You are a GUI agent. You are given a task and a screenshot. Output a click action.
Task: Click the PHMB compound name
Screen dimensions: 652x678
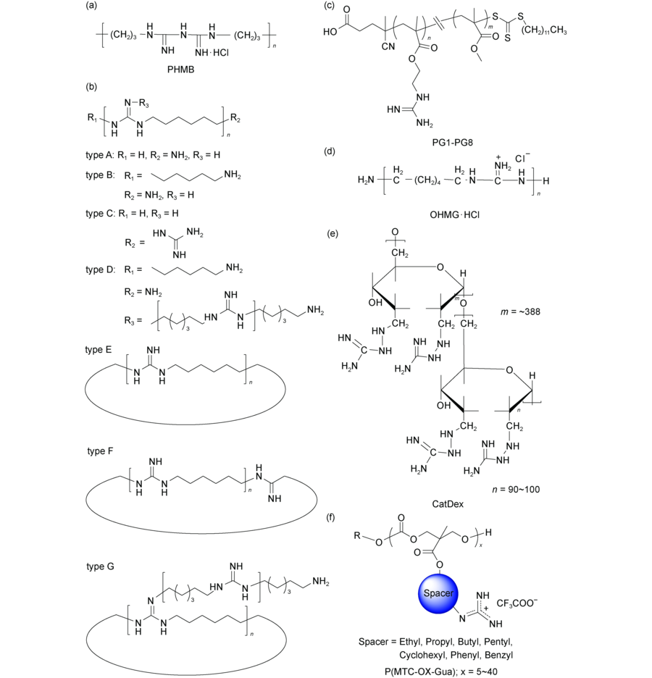coord(180,70)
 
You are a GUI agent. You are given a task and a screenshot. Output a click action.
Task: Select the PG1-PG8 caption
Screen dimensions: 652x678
coord(452,142)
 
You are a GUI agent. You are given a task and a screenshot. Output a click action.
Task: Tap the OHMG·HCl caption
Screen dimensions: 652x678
coord(454,214)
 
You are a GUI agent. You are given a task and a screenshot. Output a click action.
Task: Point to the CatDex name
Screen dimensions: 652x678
coord(448,503)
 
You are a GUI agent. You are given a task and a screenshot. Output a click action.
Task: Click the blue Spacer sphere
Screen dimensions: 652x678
coord(438,593)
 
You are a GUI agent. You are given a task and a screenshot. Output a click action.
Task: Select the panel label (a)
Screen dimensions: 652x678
coord(91,5)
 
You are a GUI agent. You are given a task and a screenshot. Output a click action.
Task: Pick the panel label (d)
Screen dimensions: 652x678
coord(330,151)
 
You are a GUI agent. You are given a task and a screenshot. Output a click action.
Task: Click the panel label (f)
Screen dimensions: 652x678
coord(330,516)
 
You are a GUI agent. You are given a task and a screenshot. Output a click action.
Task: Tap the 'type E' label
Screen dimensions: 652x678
coord(98,349)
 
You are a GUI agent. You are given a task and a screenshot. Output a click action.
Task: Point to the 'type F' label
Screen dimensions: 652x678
coord(100,451)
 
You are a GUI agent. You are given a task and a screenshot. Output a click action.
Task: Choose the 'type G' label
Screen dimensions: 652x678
coord(100,566)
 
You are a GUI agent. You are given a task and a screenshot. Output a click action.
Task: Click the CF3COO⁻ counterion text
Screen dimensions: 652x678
coord(517,603)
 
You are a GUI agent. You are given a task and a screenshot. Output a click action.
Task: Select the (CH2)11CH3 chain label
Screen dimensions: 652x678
coord(544,30)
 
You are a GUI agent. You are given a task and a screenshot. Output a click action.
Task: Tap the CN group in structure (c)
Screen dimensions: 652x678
coord(388,46)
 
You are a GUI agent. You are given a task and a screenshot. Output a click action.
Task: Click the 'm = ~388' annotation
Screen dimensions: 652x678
coord(520,311)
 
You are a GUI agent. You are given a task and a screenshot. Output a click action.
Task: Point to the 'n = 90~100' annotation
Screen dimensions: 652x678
coord(516,490)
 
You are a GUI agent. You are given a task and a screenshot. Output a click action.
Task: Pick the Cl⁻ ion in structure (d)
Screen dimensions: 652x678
coord(522,158)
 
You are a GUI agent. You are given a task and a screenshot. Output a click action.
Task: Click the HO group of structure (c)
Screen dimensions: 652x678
coord(330,32)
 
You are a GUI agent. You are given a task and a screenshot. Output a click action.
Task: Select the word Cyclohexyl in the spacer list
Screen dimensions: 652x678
coord(422,655)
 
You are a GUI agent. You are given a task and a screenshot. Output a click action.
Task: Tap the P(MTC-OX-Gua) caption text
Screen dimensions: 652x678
coord(419,671)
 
